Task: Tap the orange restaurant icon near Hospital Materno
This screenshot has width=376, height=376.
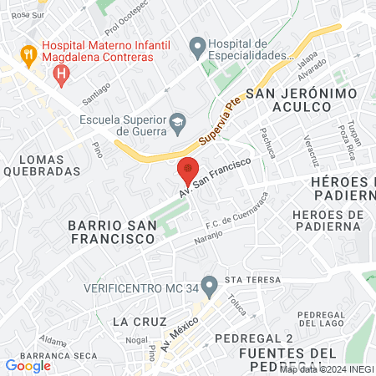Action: [28, 51]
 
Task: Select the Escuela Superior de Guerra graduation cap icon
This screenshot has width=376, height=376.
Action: [178, 124]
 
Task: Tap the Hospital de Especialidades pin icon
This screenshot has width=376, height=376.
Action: [197, 48]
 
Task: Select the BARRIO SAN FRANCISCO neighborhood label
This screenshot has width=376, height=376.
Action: [112, 231]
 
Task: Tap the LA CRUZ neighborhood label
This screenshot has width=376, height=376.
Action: [135, 321]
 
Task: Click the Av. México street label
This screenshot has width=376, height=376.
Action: [180, 334]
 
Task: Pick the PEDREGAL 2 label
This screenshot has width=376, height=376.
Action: [254, 338]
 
